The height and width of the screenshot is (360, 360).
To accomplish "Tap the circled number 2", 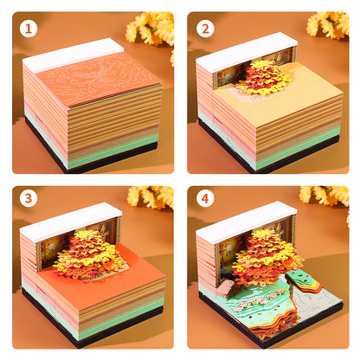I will [x=205, y=29].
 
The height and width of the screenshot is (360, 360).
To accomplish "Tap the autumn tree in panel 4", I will [x=266, y=256].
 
